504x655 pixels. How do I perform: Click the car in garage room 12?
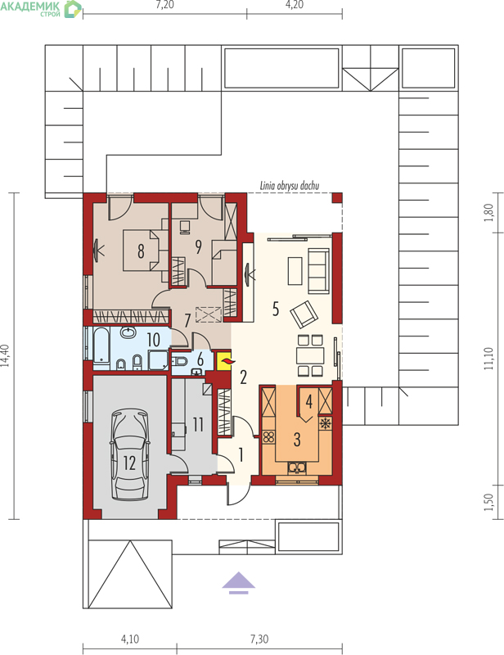(129, 454)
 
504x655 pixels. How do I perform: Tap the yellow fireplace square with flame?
(224, 361)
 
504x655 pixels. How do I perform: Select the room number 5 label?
(275, 309)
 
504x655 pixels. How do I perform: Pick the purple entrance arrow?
(238, 582)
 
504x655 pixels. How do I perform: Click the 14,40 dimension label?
(5, 355)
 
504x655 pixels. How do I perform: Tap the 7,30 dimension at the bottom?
(259, 639)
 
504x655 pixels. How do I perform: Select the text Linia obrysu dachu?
(290, 186)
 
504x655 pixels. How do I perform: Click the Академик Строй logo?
(41, 8)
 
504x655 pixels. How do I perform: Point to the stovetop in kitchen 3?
(268, 437)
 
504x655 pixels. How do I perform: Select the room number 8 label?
(142, 251)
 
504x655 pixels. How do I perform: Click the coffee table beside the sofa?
(295, 271)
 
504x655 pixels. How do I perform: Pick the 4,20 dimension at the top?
(295, 5)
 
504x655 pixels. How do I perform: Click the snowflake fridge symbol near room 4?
(325, 423)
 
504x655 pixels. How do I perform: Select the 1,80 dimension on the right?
(489, 213)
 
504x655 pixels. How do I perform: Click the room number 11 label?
(198, 424)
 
